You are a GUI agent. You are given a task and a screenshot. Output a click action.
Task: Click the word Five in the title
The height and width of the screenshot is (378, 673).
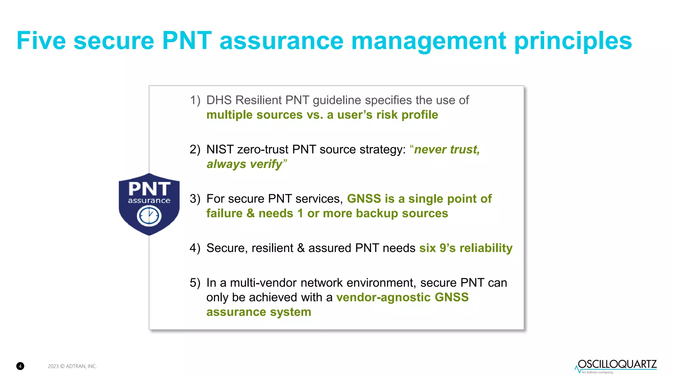coord(41,41)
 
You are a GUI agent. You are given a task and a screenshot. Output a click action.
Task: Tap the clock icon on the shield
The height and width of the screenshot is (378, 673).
coord(149,216)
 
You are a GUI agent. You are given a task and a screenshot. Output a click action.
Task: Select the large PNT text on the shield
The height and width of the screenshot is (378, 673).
coord(149,189)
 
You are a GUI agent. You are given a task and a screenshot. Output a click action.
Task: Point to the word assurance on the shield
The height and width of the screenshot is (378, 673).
coord(149,200)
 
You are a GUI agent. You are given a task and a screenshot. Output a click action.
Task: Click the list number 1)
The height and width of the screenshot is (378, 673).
coord(195,100)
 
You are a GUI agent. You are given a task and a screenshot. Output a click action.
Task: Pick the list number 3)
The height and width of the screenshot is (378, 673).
coord(195,199)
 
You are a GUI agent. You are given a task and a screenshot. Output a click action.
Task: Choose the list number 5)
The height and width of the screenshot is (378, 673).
coord(195,283)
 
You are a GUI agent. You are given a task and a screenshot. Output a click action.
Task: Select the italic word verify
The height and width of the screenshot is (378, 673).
coord(266,164)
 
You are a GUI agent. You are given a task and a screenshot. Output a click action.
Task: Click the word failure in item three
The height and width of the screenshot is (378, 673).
coord(224,213)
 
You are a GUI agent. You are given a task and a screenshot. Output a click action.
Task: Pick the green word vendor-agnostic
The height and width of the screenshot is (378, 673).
coord(383,297)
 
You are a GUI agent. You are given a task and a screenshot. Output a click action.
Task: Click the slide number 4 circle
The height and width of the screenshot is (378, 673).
coord(20,366)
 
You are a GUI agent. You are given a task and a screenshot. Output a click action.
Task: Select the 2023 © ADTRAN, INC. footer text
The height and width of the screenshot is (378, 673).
coord(72,366)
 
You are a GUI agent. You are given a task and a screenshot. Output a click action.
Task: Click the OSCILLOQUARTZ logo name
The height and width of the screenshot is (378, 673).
coord(617,364)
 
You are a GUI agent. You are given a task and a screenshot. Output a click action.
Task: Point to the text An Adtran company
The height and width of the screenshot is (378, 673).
coord(597,372)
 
